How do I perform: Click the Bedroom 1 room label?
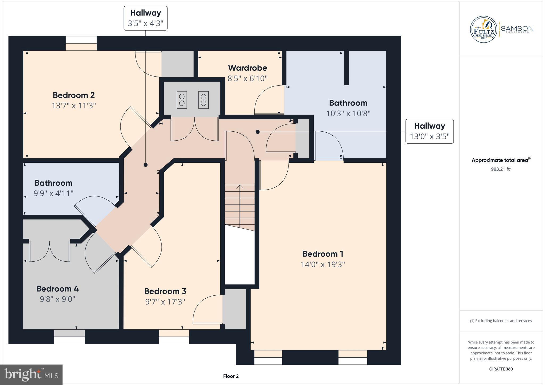point(323,254)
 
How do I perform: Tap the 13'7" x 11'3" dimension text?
point(74,106)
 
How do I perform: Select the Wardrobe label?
point(247,68)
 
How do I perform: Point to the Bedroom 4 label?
point(57,289)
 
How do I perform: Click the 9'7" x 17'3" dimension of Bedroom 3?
point(165,302)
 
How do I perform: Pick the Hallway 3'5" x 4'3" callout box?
point(146,18)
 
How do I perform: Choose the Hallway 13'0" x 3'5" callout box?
point(429,131)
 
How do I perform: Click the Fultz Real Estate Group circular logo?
point(484,30)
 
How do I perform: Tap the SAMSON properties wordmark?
point(517,29)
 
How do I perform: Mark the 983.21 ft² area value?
point(501,169)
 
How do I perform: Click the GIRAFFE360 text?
point(501,369)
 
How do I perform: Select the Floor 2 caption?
point(231,376)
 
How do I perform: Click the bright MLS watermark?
point(31,375)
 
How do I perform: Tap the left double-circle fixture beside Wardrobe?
point(182,100)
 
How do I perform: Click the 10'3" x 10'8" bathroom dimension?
point(348,114)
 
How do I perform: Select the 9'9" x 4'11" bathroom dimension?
point(53,193)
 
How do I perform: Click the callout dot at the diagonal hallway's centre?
point(146,165)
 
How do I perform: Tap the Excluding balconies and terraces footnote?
point(501,321)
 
